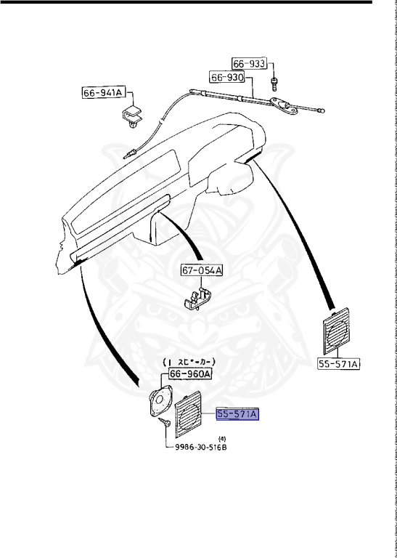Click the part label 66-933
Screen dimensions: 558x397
(249, 63)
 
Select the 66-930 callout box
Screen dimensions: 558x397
(228, 77)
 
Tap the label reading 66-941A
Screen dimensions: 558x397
(103, 92)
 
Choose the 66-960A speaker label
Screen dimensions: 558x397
(189, 373)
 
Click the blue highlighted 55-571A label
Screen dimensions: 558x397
(237, 414)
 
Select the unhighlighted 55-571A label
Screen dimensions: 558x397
(338, 364)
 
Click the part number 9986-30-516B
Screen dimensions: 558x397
(200, 447)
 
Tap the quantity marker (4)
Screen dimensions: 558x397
(222, 437)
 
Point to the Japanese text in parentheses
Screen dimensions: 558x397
(193, 361)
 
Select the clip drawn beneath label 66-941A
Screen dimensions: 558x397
(133, 116)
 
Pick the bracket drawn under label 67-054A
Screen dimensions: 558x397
(196, 298)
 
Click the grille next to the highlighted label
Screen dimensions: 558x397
(194, 413)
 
